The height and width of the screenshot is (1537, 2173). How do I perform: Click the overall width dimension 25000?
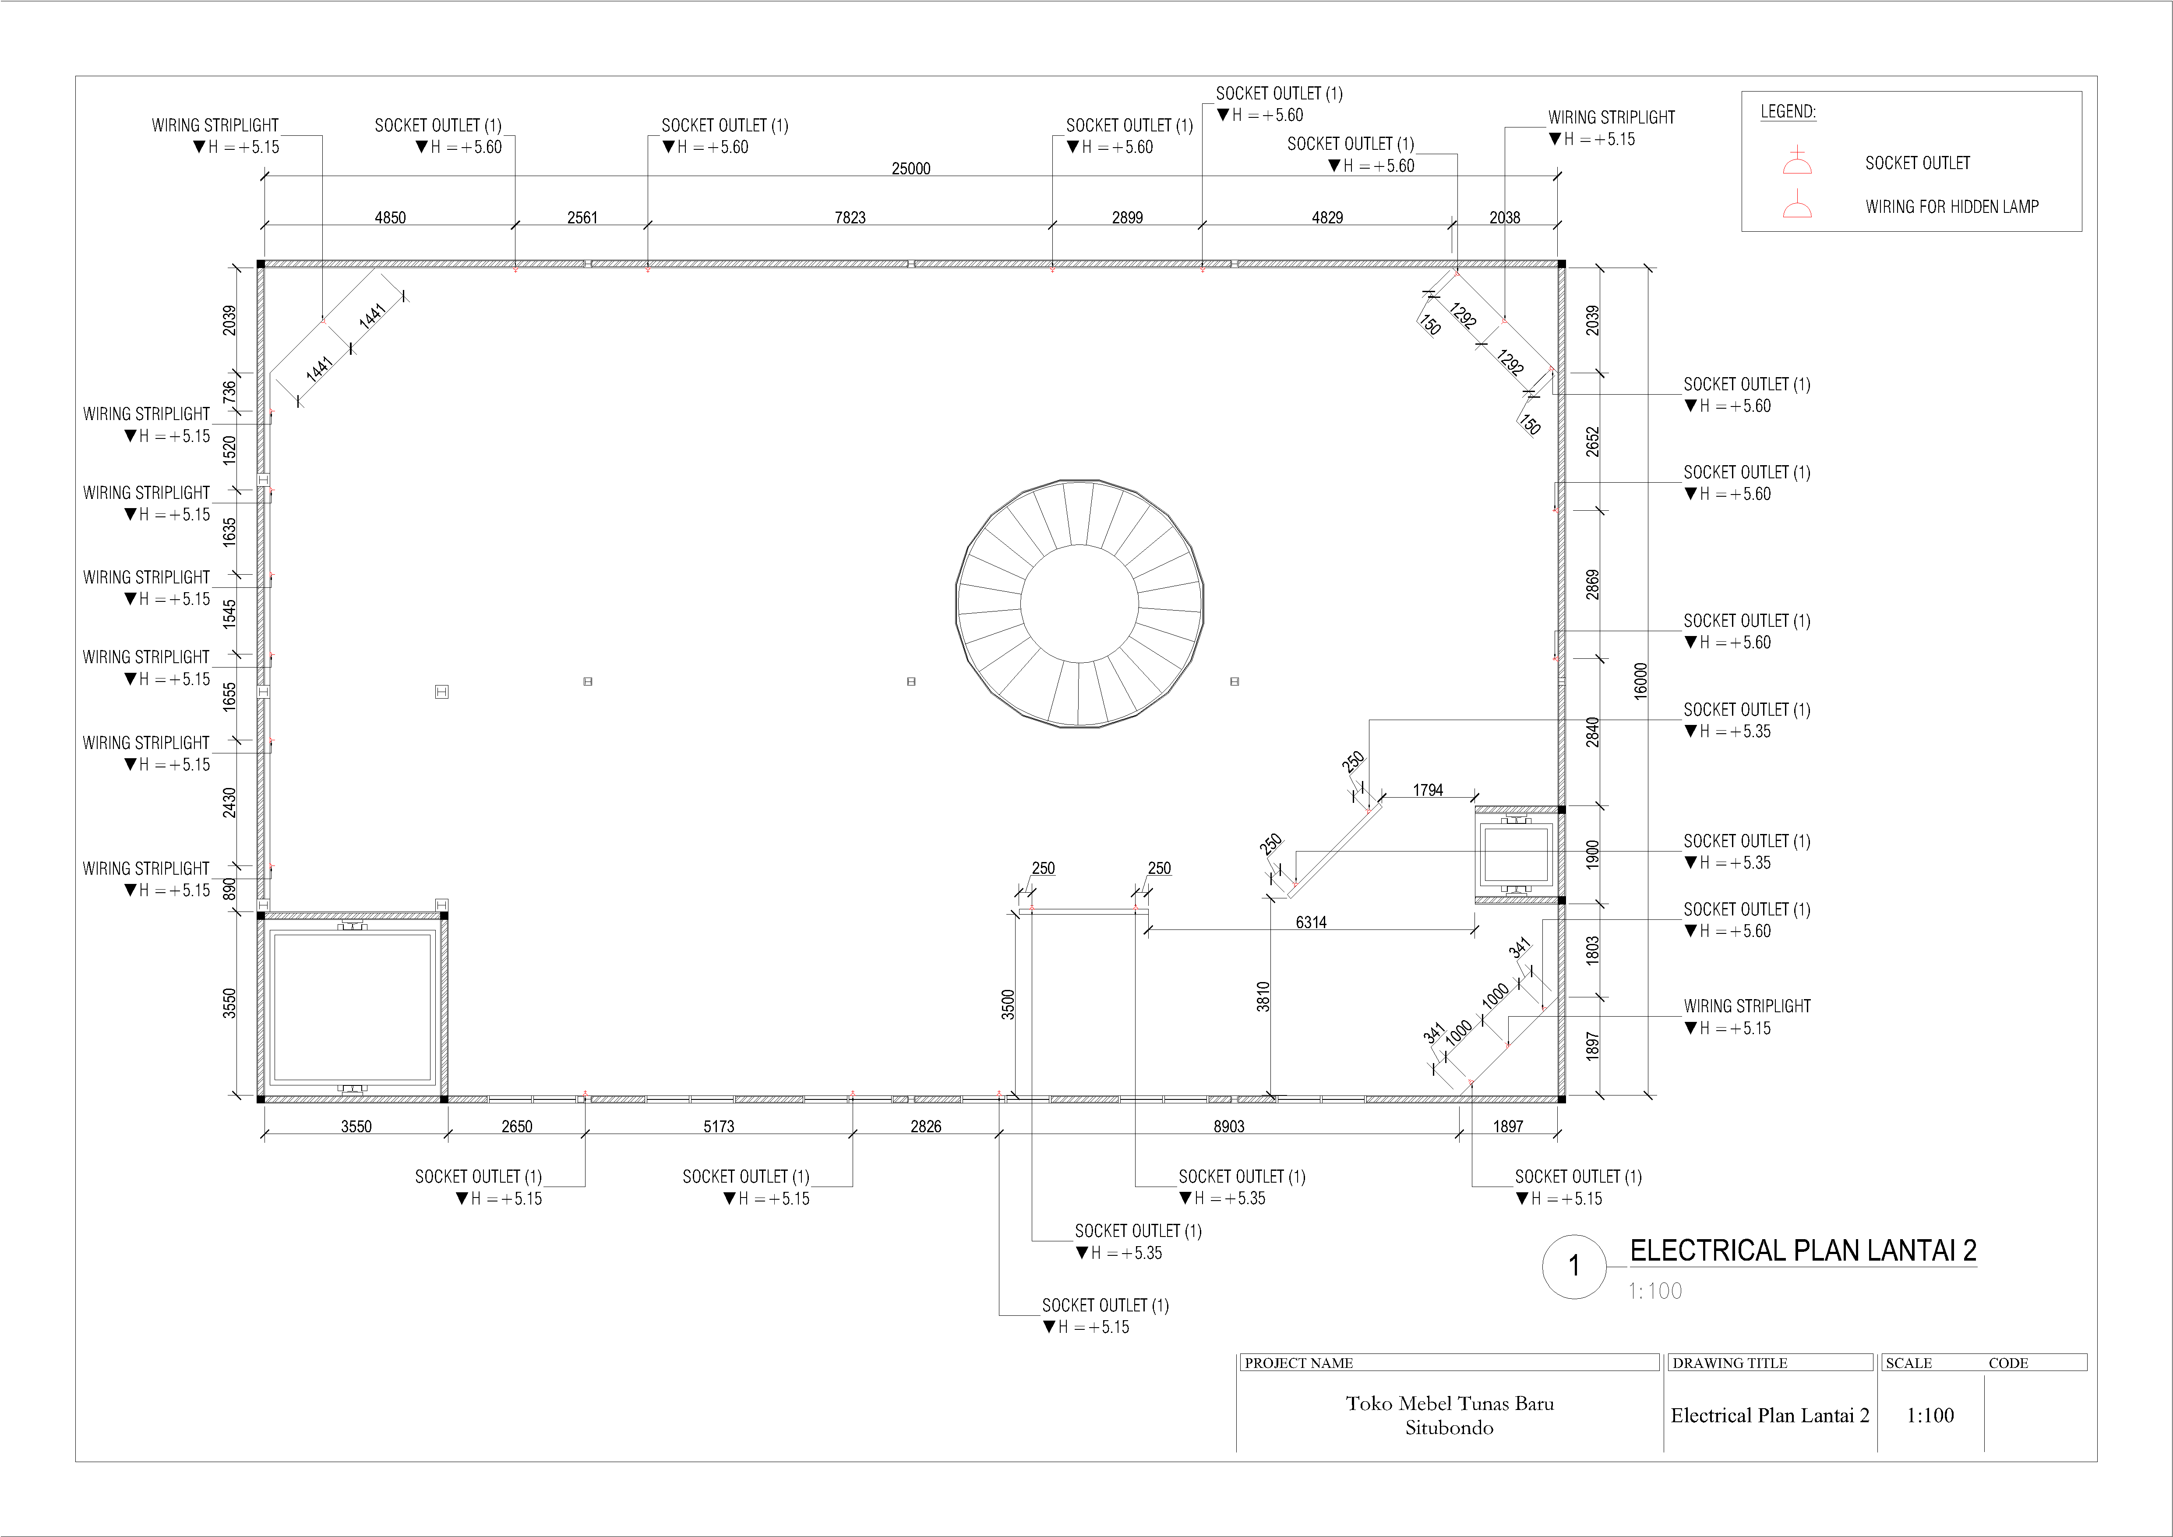[x=910, y=169]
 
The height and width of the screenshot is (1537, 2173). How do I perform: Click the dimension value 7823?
[x=850, y=218]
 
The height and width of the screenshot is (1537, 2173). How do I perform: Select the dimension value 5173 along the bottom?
[x=718, y=1126]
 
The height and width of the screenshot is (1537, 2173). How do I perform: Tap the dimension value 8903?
[x=1228, y=1126]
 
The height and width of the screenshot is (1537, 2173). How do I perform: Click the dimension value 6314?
[x=1311, y=922]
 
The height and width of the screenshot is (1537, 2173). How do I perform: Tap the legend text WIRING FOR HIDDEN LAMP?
[x=1951, y=206]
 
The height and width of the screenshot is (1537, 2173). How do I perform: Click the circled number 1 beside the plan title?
[x=1574, y=1265]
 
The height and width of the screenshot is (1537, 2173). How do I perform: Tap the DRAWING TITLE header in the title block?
[x=1729, y=1363]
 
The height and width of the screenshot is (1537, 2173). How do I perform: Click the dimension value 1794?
[x=1428, y=790]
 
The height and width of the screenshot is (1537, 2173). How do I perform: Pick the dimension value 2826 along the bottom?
[x=926, y=1126]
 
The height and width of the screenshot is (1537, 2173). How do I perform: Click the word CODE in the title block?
[x=2008, y=1363]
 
